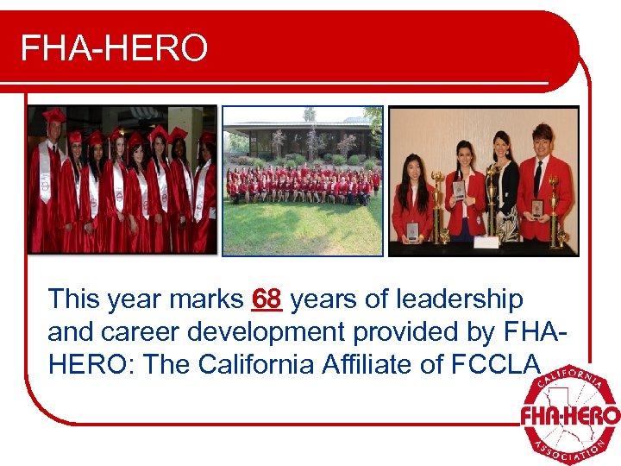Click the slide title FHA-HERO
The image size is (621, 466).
(x=114, y=48)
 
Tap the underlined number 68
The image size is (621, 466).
(x=267, y=299)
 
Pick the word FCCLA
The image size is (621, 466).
(x=495, y=364)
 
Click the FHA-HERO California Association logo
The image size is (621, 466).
(x=569, y=414)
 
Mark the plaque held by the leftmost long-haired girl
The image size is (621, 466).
(x=412, y=230)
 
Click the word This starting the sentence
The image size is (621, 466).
(x=75, y=299)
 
